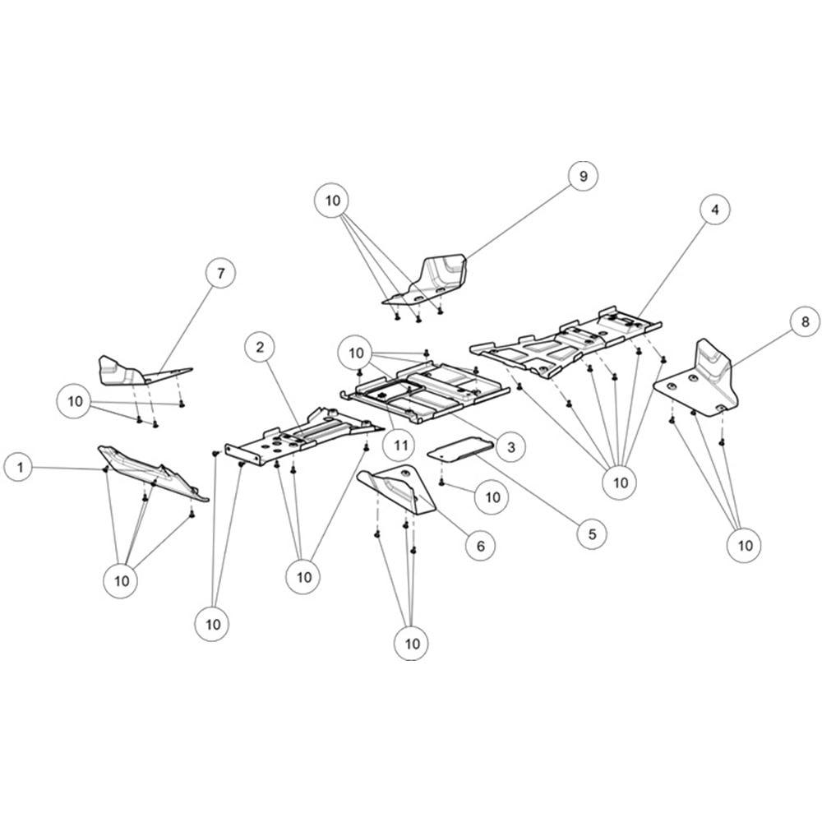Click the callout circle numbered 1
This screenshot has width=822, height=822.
click(21, 467)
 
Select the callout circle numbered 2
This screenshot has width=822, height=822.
click(261, 347)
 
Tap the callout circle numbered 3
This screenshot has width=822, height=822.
click(511, 446)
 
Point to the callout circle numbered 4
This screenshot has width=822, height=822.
click(715, 209)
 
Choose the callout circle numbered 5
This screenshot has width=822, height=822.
click(593, 533)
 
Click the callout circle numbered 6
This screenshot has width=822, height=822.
click(481, 546)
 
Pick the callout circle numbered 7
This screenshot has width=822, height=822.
click(220, 273)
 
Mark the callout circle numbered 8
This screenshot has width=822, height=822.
click(806, 321)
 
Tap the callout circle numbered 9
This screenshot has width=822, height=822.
click(584, 176)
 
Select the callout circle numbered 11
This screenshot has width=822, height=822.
click(400, 446)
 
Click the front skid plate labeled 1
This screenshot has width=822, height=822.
click(152, 473)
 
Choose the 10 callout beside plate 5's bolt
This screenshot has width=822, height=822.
click(492, 497)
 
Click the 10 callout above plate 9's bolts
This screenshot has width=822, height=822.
click(332, 201)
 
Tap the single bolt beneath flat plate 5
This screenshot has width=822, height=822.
click(441, 483)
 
